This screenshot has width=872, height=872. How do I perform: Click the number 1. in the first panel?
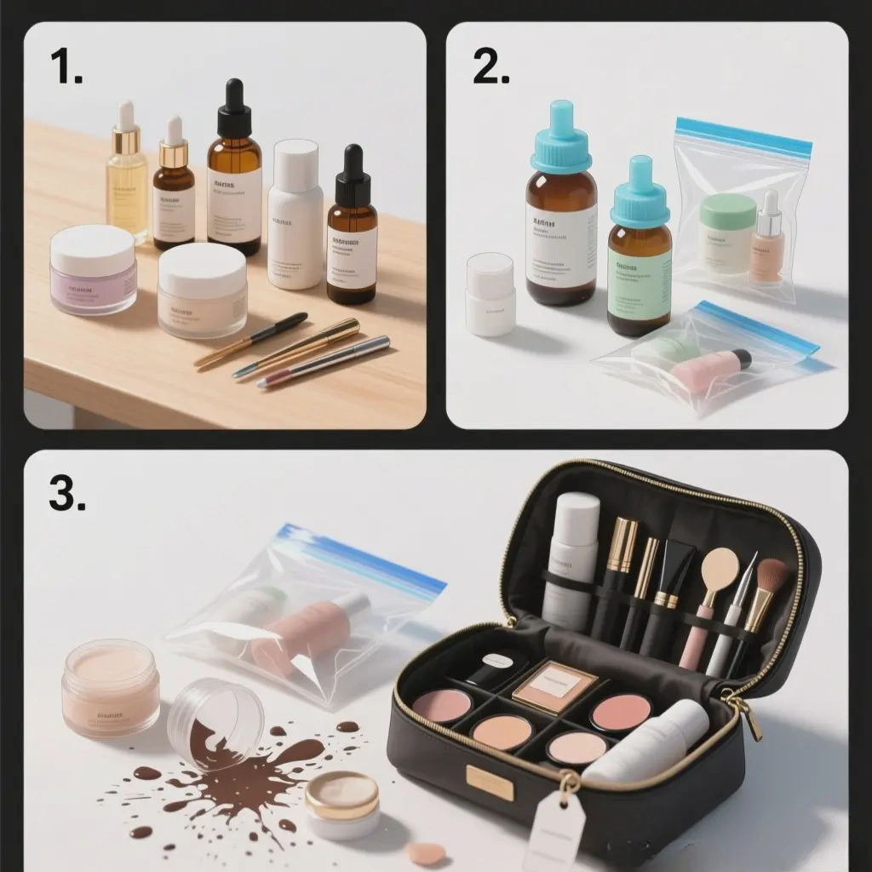[66, 66]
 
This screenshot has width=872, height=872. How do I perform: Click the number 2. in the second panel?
[490, 66]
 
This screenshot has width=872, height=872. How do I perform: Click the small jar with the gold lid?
[342, 805]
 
